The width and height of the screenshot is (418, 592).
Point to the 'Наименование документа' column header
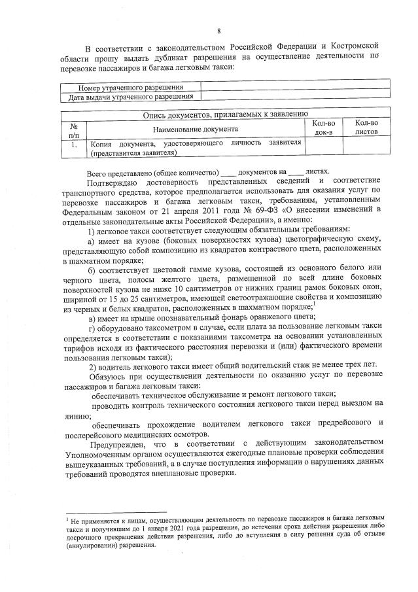[196, 128]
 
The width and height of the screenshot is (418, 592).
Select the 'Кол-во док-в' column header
[323, 128]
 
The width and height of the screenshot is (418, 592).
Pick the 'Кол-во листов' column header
[366, 128]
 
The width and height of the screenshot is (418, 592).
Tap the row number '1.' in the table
[74, 143]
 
